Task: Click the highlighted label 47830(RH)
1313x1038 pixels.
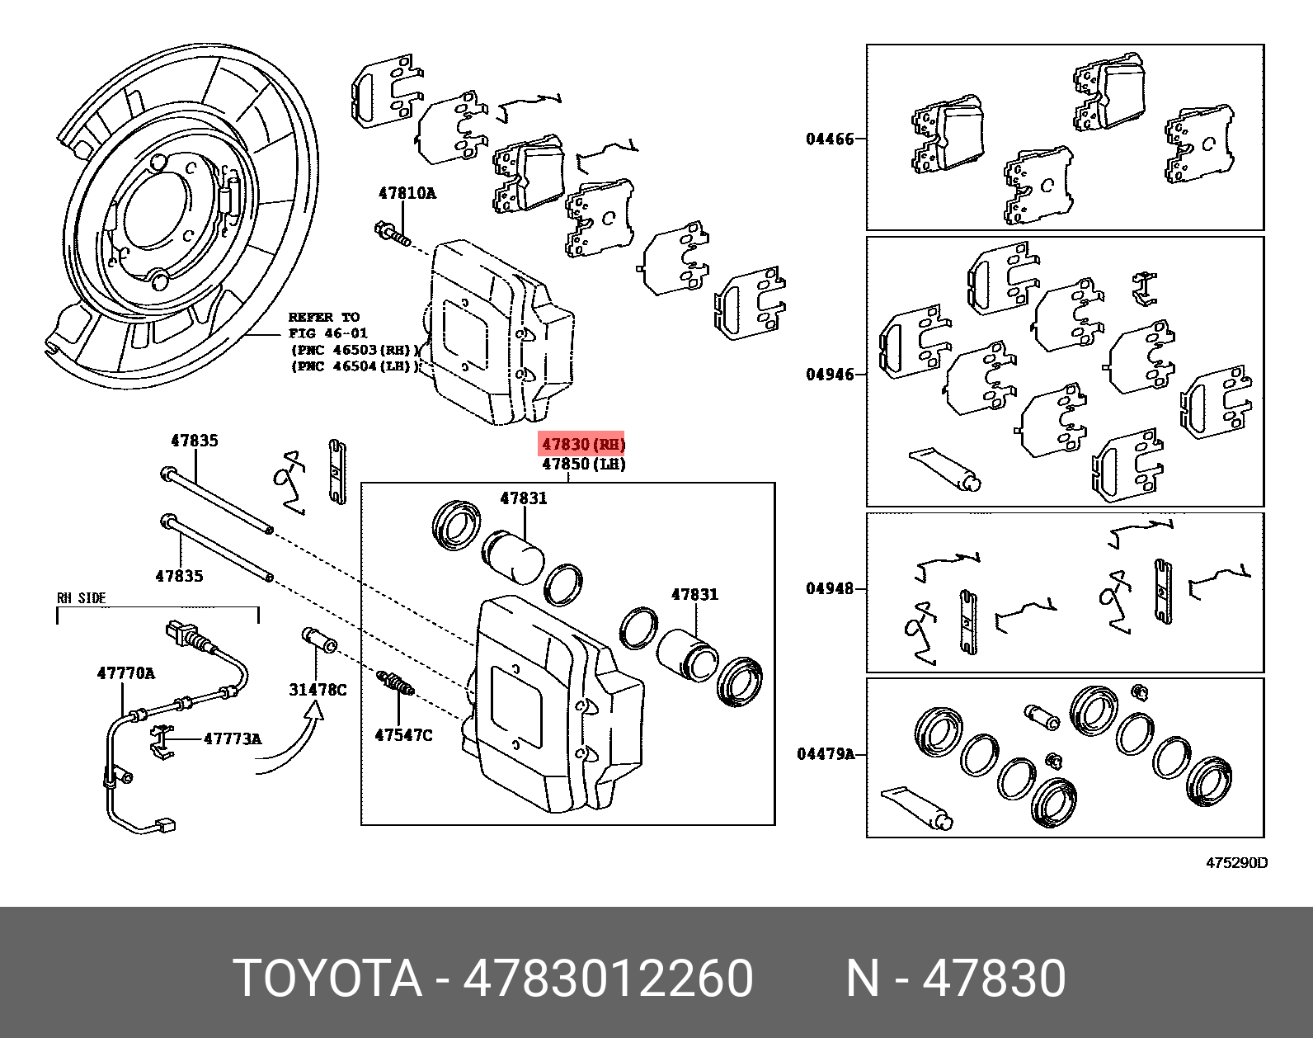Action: click(582, 444)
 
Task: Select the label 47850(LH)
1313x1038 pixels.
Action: click(583, 465)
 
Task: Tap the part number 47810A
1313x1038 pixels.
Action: click(407, 194)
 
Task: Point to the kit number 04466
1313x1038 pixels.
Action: click(830, 139)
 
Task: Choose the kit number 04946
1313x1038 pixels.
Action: click(830, 375)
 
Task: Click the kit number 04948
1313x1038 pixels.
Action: click(830, 589)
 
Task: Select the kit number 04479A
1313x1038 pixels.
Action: click(826, 754)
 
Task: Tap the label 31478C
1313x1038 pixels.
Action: click(318, 689)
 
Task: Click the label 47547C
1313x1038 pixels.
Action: click(402, 734)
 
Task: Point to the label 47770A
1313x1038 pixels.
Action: click(125, 673)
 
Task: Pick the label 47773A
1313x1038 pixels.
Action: click(232, 739)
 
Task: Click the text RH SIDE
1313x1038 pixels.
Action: click(81, 598)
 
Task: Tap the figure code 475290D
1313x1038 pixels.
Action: click(1236, 863)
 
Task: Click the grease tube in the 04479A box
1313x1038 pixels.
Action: click(916, 808)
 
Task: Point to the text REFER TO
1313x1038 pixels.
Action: click(323, 317)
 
